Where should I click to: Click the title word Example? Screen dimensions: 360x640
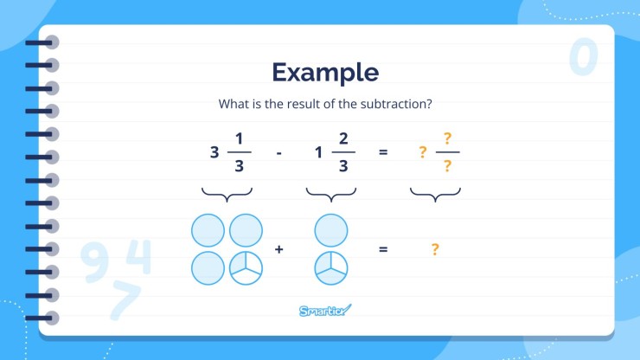tap(324, 72)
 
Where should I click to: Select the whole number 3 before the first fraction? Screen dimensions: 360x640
tap(214, 152)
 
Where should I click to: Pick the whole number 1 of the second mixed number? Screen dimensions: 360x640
tap(318, 152)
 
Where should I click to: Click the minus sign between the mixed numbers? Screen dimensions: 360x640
tap(279, 152)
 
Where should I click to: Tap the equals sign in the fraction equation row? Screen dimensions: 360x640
tap(383, 152)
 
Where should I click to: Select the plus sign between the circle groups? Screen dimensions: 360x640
tap(279, 249)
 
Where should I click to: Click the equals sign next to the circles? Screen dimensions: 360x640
tap(383, 249)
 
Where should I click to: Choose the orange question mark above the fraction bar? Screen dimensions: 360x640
tap(447, 138)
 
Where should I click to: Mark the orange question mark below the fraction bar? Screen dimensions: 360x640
tap(447, 167)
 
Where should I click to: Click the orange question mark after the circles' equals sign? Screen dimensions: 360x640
tap(435, 249)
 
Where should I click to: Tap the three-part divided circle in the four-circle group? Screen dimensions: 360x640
tap(246, 268)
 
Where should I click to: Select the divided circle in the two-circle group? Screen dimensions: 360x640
tap(330, 268)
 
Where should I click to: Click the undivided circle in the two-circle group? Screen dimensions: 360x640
tap(330, 231)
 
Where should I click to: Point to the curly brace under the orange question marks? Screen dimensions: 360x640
tap(435, 194)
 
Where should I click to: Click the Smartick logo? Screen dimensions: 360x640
tap(325, 310)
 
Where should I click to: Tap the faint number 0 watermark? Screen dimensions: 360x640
tap(584, 57)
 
